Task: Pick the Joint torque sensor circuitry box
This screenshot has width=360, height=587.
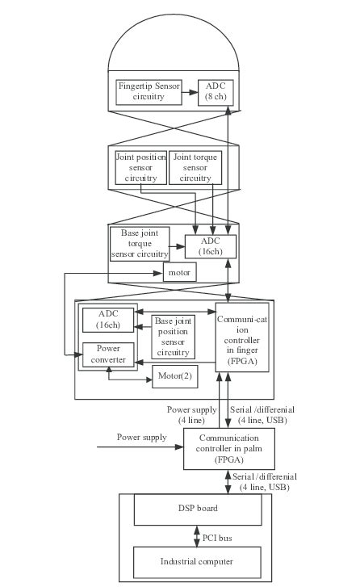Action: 195,167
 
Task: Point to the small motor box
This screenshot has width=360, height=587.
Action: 179,273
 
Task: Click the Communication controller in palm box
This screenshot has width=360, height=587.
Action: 223,448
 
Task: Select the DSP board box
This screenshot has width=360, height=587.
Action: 197,509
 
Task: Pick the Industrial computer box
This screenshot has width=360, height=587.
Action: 197,560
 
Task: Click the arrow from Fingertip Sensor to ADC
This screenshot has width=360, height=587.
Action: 190,92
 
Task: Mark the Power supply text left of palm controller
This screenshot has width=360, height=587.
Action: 142,438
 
